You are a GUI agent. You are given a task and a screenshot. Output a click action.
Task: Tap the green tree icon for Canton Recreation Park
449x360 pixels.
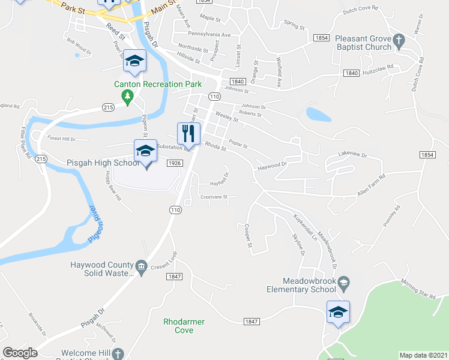pyautogui.click(x=127, y=96)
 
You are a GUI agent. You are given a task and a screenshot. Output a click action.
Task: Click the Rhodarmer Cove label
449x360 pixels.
pyautogui.click(x=184, y=326)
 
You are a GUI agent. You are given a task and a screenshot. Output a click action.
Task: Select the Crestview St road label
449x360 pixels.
pyautogui.click(x=214, y=197)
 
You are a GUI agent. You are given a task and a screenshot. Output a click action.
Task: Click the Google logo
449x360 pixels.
pyautogui.click(x=20, y=353)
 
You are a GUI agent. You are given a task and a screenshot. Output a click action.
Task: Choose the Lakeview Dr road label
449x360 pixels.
pyautogui.click(x=352, y=154)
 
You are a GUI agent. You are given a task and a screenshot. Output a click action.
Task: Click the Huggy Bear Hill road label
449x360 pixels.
pyautogui.click(x=114, y=185)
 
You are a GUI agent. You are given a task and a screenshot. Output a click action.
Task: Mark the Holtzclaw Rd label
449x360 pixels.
pyautogui.click(x=381, y=67)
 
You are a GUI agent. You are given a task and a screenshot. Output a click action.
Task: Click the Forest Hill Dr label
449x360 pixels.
pyautogui.click(x=61, y=139)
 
